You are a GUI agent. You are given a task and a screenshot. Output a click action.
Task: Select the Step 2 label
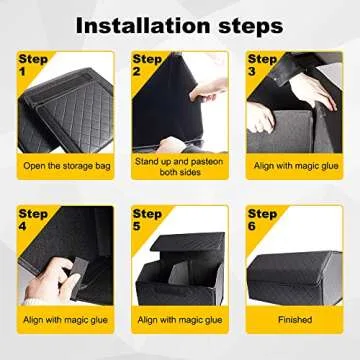(147, 65)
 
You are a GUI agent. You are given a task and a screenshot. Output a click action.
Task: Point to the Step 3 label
(262, 65)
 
